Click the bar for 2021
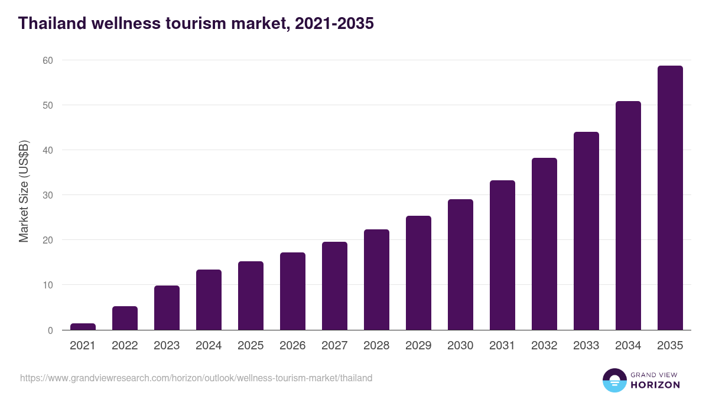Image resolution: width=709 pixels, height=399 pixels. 83,326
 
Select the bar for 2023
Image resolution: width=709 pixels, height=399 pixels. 167,307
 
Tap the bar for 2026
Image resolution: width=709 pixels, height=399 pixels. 292,291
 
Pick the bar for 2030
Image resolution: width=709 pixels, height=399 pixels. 460,264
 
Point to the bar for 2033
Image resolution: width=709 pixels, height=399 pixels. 586,231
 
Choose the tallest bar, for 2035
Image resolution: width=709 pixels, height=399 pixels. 670,197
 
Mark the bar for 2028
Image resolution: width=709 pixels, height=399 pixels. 376,279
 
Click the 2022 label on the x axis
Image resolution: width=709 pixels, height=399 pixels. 125,346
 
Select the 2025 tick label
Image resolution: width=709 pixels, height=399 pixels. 251,346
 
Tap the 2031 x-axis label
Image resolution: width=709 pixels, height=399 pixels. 502,346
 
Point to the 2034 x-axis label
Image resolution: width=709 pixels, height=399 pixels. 628,346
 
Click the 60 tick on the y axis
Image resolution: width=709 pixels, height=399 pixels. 48,60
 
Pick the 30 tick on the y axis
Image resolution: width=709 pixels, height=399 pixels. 48,195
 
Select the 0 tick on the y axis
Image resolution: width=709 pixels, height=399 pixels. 50,330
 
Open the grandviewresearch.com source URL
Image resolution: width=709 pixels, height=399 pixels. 196,378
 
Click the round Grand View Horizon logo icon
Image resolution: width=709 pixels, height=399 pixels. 614,380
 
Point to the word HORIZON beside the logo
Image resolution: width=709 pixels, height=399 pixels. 655,385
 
